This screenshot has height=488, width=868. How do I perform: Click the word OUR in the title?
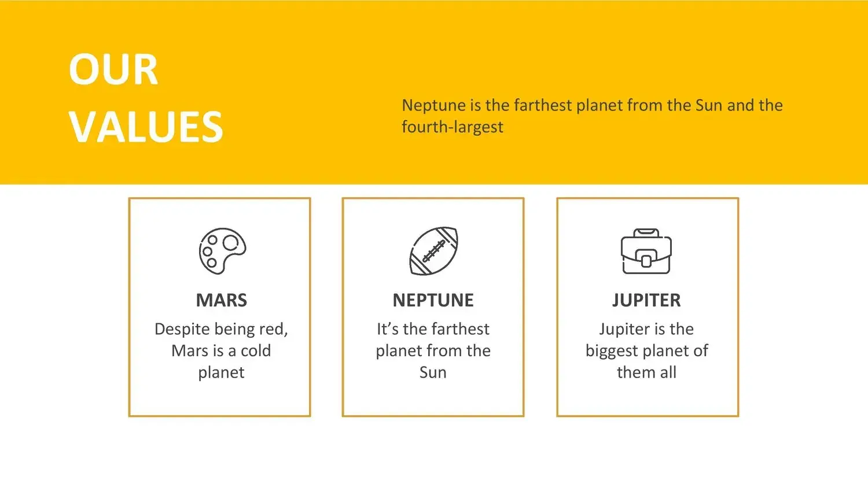113,69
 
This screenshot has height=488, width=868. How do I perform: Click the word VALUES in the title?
146,127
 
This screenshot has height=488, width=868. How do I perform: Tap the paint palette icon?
222,251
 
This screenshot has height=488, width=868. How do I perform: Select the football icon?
433,251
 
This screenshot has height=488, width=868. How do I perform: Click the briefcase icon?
646,251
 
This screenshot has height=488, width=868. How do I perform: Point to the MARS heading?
221,300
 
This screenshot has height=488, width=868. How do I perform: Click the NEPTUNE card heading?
433,300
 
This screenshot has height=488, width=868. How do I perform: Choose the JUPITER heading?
646,301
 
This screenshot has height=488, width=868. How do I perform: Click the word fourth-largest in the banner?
452,127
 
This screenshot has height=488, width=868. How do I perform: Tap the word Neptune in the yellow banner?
433,105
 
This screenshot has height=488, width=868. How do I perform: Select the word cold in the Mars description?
256,351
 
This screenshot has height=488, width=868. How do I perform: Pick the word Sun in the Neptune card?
433,372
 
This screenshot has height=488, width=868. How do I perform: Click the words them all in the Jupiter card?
646,372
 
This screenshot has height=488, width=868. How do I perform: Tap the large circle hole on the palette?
230,243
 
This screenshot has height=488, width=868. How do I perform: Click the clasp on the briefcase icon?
646,260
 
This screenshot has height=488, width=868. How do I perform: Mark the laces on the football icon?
433,251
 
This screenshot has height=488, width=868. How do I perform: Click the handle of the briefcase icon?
646,232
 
